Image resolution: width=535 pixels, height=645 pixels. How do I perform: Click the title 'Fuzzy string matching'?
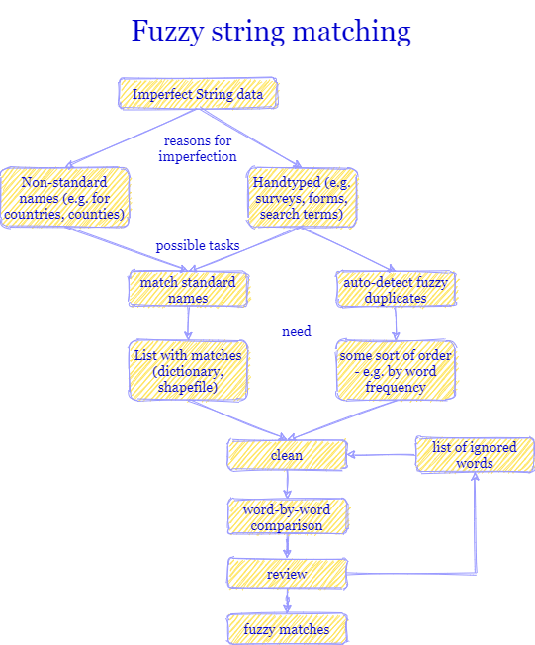tap(270, 31)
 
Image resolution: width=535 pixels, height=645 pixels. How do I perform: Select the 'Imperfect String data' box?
tap(198, 94)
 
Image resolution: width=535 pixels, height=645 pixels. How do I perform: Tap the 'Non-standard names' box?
tap(65, 198)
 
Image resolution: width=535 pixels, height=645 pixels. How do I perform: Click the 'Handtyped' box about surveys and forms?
tap(302, 198)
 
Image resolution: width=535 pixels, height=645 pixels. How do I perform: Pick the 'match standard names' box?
tap(188, 289)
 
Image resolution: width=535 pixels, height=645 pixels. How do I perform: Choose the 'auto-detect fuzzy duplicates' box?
tap(396, 289)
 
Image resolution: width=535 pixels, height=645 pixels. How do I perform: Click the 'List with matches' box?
tap(187, 371)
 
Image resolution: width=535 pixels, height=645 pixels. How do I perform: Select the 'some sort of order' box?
tap(396, 371)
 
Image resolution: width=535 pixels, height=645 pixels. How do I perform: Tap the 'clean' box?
tap(287, 455)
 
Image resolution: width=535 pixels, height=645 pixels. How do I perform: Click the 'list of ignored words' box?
tap(475, 455)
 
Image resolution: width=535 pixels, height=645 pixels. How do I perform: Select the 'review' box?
tap(287, 574)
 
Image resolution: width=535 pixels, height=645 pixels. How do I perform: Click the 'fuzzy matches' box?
tap(287, 628)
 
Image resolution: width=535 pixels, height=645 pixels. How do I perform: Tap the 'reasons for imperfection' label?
tap(198, 148)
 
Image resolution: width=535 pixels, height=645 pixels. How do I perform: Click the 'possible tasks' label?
tap(198, 245)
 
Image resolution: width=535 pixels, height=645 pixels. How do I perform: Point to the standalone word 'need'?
tap(297, 331)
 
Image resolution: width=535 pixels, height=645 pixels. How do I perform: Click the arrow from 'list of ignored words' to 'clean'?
tap(381, 456)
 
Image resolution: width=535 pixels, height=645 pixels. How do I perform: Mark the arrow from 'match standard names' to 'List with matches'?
tap(188, 323)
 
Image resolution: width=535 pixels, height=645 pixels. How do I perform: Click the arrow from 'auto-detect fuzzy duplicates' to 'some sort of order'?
tap(396, 323)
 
